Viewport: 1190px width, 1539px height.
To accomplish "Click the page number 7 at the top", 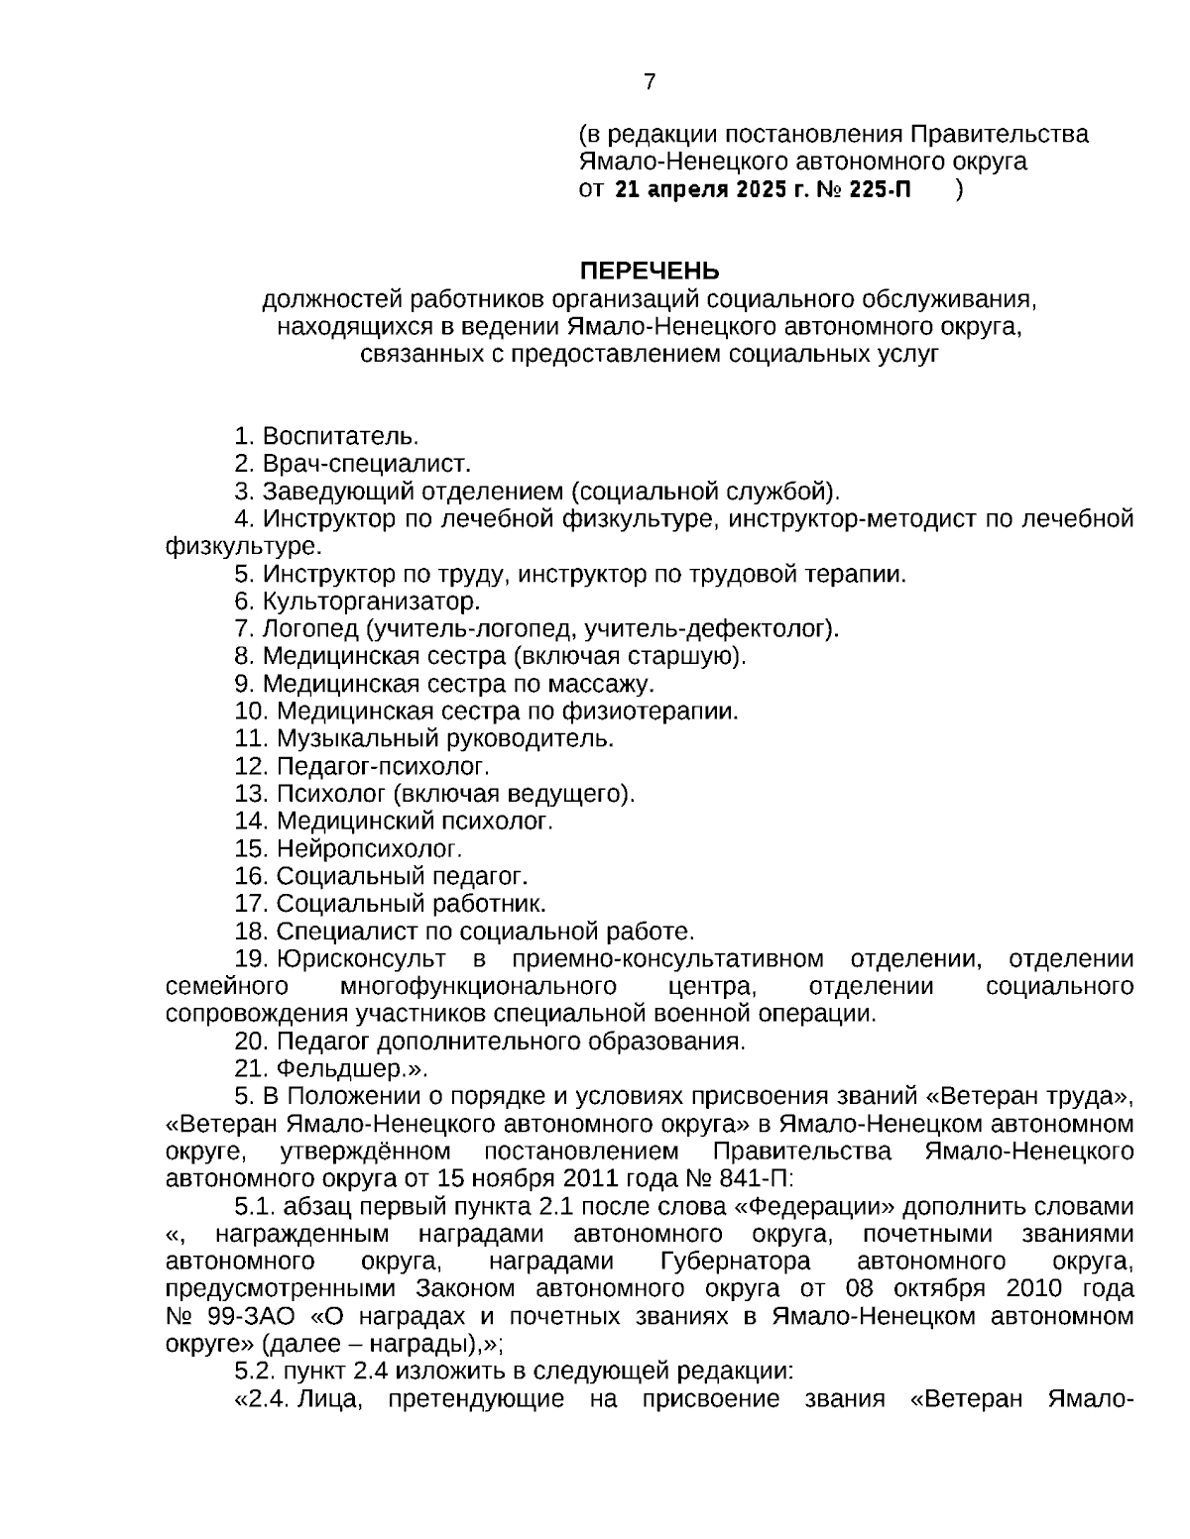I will coord(650,82).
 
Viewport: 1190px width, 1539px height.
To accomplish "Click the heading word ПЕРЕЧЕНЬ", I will coord(650,271).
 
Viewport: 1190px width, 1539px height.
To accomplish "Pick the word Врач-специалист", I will coord(366,464).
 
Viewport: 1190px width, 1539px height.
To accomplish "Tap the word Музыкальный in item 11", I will coord(348,738).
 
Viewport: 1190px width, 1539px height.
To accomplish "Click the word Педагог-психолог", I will coord(383,766).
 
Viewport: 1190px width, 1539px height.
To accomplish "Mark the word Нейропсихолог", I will coord(369,848).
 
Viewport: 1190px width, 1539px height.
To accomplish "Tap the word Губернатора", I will coord(734,1262).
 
